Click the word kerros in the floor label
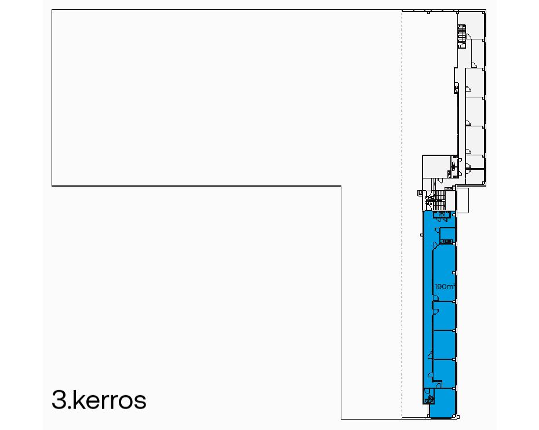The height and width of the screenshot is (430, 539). pos(110,399)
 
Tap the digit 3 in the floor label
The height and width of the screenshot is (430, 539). pos(59,400)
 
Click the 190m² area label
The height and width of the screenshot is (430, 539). pos(445,286)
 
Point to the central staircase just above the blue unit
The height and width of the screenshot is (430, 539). pos(439,200)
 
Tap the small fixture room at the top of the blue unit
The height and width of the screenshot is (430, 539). pos(442,214)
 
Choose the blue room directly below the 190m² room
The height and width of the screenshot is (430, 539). pos(444,315)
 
